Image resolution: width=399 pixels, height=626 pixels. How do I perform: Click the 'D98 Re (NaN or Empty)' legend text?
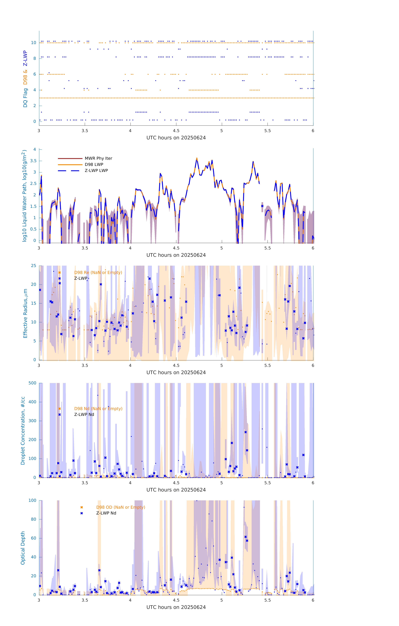[98, 272]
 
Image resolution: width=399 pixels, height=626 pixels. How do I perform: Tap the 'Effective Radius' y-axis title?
[25, 313]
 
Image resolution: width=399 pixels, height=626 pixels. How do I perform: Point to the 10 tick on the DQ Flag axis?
[33, 43]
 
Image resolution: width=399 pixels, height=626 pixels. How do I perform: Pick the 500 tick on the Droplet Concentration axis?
[32, 383]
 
